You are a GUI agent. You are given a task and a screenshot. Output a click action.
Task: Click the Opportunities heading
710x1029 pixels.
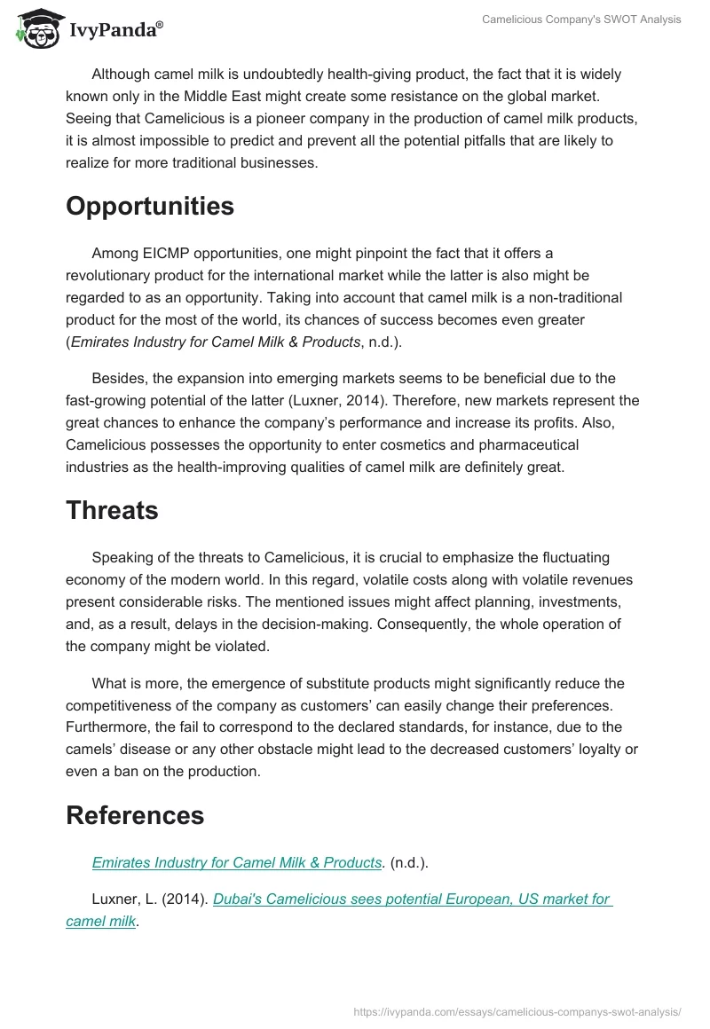tap(150, 207)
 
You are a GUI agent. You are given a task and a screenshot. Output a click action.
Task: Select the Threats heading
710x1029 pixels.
tap(112, 510)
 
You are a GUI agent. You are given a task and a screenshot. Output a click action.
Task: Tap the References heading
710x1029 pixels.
tap(135, 814)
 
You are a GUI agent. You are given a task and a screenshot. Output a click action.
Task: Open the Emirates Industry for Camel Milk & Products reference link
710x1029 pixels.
tap(237, 862)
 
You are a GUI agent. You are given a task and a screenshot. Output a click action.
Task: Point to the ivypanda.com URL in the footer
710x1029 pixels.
tap(517, 1011)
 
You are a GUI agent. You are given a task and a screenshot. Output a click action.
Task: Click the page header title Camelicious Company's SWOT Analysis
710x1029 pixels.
tap(581, 20)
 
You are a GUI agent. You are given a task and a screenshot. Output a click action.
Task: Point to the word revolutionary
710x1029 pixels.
tap(112, 276)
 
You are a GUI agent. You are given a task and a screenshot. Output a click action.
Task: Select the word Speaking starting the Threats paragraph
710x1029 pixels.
tap(122, 558)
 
